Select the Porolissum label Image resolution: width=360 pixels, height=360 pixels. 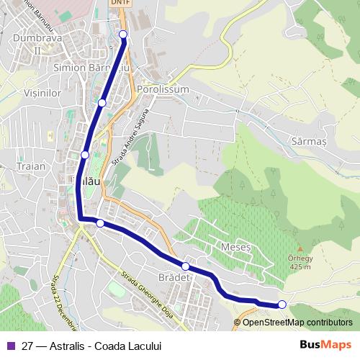(x=162, y=89)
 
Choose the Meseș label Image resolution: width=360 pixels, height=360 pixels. (x=237, y=246)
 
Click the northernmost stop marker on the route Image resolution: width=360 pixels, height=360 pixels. (x=123, y=35)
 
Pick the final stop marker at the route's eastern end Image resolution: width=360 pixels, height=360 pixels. (x=282, y=305)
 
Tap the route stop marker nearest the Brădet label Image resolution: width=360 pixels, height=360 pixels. (x=186, y=266)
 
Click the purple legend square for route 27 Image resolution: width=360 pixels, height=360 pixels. (x=9, y=345)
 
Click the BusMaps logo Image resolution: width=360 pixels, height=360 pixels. (x=325, y=345)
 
